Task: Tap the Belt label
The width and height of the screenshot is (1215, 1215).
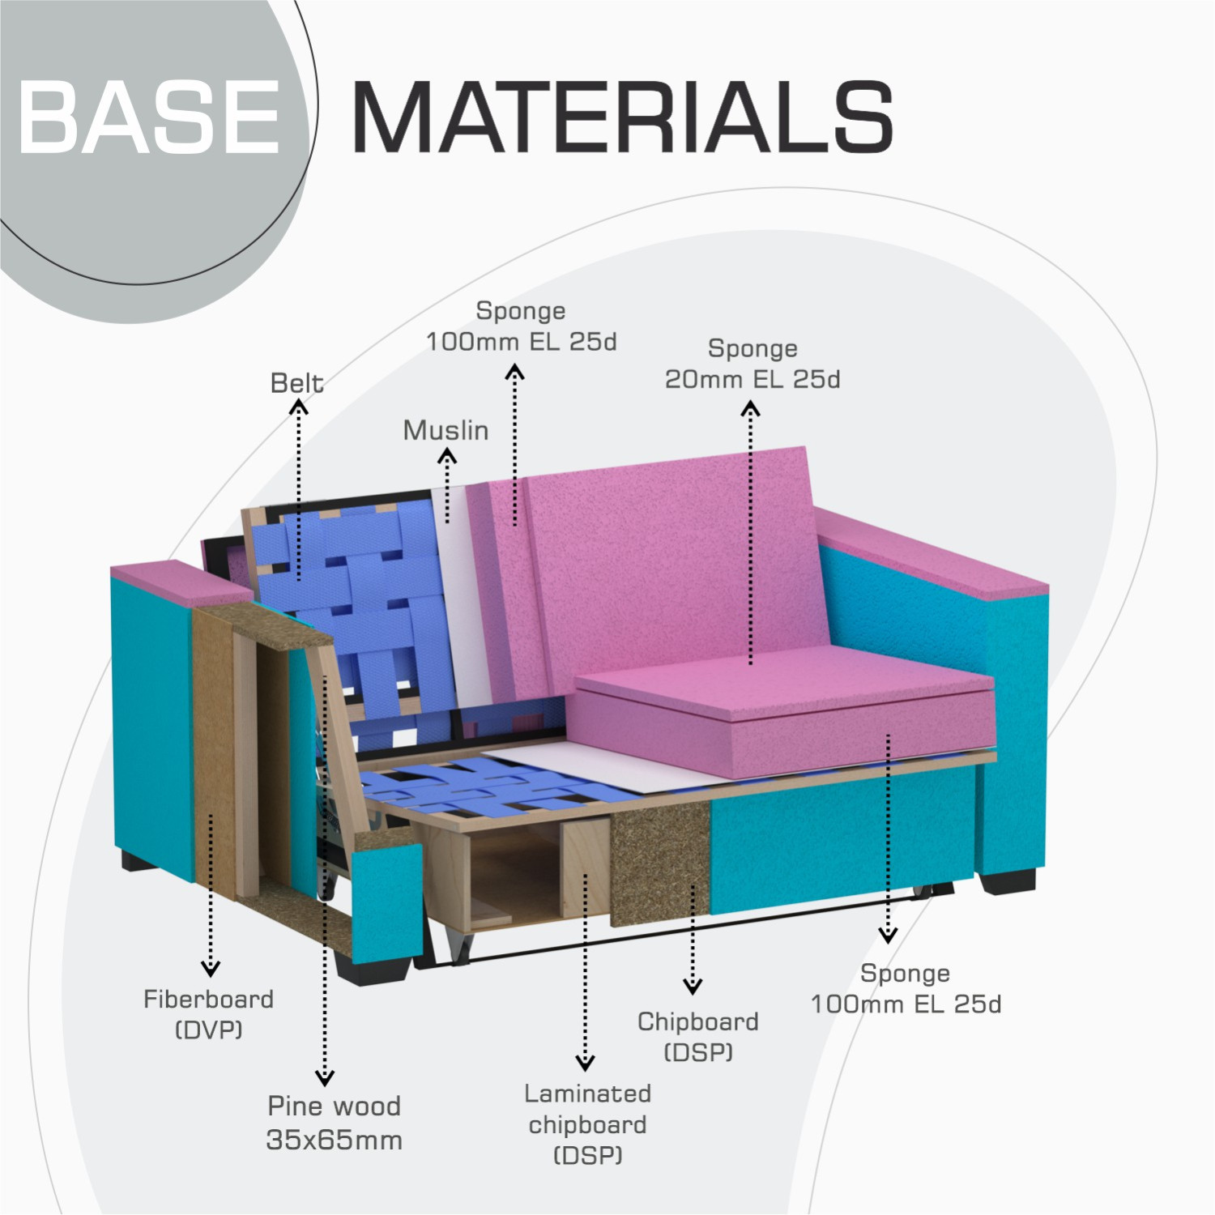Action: [x=296, y=383]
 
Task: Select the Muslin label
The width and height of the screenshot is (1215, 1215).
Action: [x=446, y=430]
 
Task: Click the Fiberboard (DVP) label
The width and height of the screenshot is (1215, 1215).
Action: [x=209, y=1014]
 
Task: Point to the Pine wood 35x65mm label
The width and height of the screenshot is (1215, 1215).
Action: [x=334, y=1123]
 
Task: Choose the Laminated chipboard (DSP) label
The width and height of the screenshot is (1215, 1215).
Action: [x=587, y=1124]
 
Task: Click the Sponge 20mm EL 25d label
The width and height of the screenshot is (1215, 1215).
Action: [x=752, y=364]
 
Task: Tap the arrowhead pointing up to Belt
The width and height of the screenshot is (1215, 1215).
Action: [x=299, y=407]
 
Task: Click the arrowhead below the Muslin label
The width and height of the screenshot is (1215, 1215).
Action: [x=446, y=457]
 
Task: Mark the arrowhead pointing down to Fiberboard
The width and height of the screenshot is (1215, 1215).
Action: [x=211, y=968]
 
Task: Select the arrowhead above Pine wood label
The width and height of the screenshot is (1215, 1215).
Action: [x=325, y=1077]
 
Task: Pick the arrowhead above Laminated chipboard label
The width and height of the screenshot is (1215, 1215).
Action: [x=585, y=1063]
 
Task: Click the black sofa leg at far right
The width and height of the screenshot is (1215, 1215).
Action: [x=1008, y=881]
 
